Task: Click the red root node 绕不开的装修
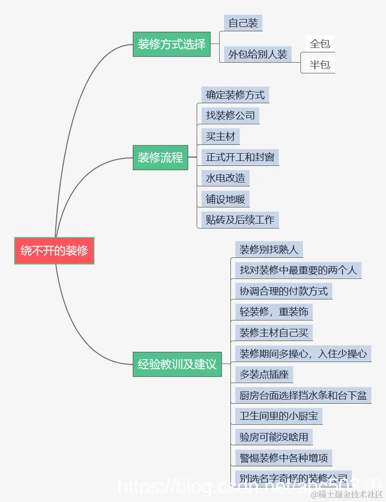click(x=54, y=251)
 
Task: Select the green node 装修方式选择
click(x=171, y=44)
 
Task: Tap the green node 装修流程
click(x=160, y=158)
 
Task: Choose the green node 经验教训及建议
click(x=177, y=364)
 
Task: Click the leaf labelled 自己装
click(x=243, y=23)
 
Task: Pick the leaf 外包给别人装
click(x=258, y=54)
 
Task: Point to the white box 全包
click(x=320, y=44)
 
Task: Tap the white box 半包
click(x=320, y=65)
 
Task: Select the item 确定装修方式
click(x=235, y=95)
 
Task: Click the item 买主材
click(x=221, y=137)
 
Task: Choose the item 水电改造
click(x=226, y=178)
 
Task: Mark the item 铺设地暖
click(x=226, y=199)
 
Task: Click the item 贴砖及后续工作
click(x=240, y=220)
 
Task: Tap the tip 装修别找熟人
click(x=269, y=250)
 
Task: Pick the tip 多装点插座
click(x=264, y=375)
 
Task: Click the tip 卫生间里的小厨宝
click(x=278, y=416)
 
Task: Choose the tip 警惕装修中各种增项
click(x=283, y=458)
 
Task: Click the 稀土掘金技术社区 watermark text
click(x=350, y=495)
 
